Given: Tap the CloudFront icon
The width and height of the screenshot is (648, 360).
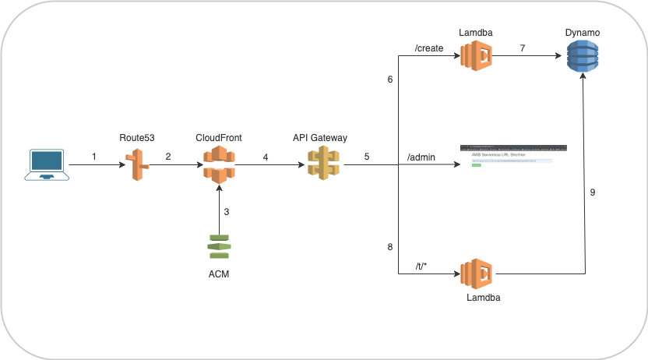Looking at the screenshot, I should pos(219,164).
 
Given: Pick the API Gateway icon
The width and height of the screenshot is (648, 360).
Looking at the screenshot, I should pos(320,164).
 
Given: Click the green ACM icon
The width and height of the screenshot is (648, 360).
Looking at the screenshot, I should pos(219,246).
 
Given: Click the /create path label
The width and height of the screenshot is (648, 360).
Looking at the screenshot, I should pos(430,48).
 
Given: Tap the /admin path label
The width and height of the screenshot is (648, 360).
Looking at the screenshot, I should pos(421,157).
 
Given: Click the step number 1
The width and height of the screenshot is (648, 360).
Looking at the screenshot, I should pos(94,157).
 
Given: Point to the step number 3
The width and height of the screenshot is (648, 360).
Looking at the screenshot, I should pos(227,212).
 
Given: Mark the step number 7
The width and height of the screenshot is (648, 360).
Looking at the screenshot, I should pos(523,48).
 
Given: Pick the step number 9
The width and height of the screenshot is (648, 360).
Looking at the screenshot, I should pos(593,192).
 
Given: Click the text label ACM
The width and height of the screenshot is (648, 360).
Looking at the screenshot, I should pos(219,274).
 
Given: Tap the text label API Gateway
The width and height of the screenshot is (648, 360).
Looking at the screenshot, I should pos(320,138).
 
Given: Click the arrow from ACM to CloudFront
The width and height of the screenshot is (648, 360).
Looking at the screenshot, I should pos(219,210).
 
